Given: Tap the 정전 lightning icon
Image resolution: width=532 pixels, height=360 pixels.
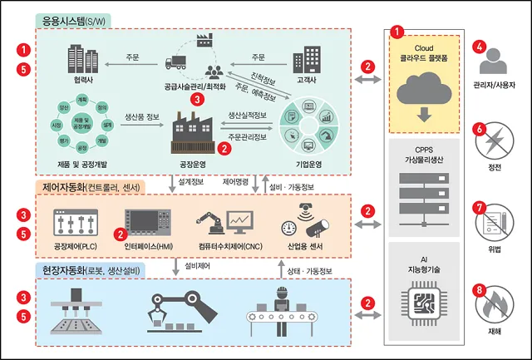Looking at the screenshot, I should pyautogui.click(x=493, y=141).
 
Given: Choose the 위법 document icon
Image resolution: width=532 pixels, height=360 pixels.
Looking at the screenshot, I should pyautogui.click(x=493, y=223).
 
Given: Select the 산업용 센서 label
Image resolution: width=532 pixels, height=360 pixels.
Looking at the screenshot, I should pyautogui.click(x=301, y=248).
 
